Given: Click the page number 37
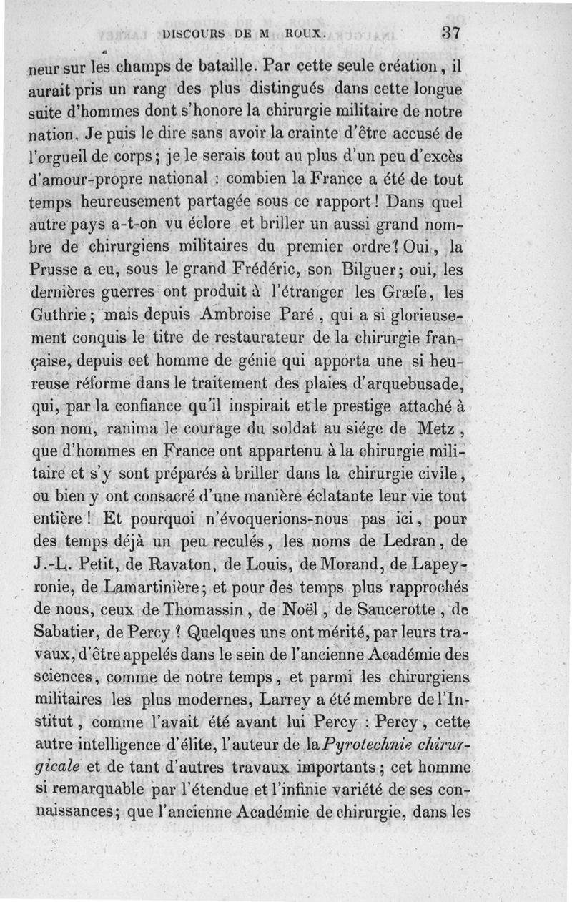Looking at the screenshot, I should click(450, 32).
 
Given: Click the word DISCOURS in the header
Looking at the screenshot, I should click(194, 33).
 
